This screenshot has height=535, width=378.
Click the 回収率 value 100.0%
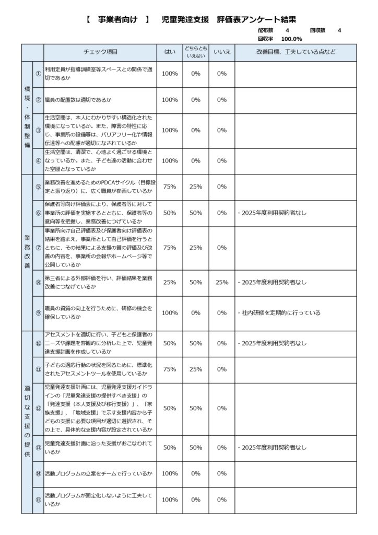(x=291, y=39)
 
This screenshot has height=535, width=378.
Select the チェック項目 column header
(x=101, y=52)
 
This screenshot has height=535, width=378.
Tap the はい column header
(x=170, y=52)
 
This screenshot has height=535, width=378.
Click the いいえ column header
(x=222, y=52)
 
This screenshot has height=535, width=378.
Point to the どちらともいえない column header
(x=196, y=52)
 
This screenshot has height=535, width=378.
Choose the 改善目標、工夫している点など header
(x=296, y=52)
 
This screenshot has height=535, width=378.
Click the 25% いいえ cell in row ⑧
(x=222, y=283)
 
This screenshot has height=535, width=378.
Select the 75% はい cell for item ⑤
(x=170, y=187)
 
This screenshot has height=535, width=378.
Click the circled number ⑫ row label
(x=38, y=409)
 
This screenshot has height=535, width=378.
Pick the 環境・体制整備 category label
(x=27, y=118)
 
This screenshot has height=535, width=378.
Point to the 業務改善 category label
(x=27, y=252)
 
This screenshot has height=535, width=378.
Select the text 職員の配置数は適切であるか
(x=78, y=100)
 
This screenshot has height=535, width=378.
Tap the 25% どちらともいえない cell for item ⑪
(x=196, y=369)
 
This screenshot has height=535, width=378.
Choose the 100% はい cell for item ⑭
(x=170, y=474)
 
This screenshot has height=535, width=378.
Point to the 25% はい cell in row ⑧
(x=170, y=283)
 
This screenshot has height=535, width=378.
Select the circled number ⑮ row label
(x=38, y=500)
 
